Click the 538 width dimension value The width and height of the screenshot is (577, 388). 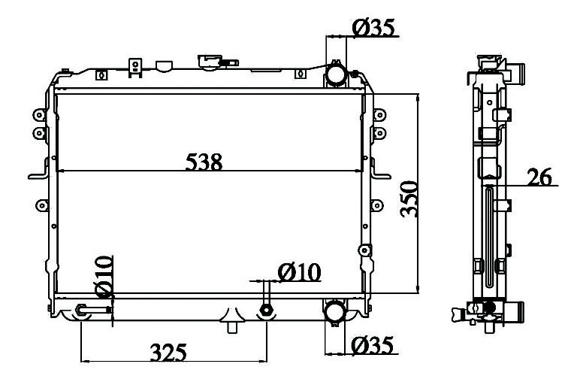click(x=204, y=162)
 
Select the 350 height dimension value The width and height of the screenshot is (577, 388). click(x=409, y=199)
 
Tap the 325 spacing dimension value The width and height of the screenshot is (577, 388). click(x=168, y=353)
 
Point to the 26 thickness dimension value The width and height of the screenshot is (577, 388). click(x=539, y=177)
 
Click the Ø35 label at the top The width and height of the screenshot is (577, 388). click(x=373, y=28)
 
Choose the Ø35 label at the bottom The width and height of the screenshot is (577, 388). click(x=373, y=345)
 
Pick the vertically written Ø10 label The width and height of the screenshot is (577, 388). click(x=104, y=277)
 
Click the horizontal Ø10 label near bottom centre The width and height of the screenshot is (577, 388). click(x=300, y=273)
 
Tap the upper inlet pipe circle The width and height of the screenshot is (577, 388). click(x=336, y=74)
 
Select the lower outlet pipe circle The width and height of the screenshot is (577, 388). click(x=334, y=311)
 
